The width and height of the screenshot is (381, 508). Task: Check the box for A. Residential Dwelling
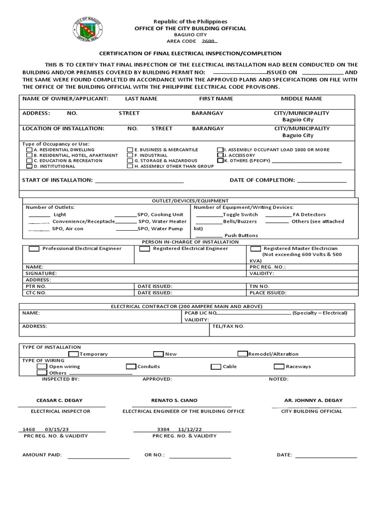[x=30, y=149]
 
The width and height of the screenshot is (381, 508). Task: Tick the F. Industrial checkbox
[x=130, y=155]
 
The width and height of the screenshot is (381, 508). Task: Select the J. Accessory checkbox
[x=220, y=155]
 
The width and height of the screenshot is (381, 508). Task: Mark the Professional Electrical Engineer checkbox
[x=35, y=249]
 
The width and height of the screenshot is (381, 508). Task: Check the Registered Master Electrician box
[x=255, y=249]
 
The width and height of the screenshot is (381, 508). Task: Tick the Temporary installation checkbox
[x=73, y=354]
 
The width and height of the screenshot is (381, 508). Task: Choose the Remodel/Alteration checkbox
[x=243, y=354]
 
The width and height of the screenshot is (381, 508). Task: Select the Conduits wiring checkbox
[x=131, y=367]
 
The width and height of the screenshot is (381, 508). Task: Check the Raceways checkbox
[x=278, y=367]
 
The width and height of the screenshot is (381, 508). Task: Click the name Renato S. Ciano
[x=171, y=400]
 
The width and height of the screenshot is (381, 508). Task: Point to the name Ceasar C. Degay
[x=60, y=400]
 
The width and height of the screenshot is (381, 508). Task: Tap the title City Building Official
[x=312, y=411]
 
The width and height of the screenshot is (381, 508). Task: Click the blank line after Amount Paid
[x=98, y=456]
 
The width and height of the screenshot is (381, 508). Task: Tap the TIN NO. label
[x=259, y=286]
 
